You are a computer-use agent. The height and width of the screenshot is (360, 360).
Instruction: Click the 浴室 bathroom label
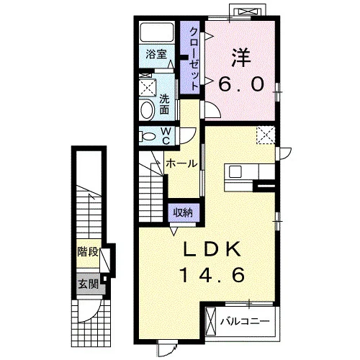156,54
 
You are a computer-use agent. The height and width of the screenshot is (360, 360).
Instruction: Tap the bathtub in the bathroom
157,32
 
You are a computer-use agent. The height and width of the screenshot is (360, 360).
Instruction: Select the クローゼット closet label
194,59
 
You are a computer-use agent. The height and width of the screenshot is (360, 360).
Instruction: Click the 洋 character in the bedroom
241,58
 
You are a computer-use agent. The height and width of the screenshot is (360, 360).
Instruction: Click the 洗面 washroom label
164,104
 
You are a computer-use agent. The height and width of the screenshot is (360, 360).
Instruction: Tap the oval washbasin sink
147,110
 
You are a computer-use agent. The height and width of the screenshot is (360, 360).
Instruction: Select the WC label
166,136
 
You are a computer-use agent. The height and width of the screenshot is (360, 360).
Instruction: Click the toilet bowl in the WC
147,137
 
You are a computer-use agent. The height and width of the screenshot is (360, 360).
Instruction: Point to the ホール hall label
181,163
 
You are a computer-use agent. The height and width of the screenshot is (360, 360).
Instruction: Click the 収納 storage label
183,212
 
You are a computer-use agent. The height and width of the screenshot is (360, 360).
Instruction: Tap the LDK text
212,249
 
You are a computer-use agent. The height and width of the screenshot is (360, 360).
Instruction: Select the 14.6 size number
212,275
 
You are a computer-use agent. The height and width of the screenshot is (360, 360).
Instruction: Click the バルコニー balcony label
245,321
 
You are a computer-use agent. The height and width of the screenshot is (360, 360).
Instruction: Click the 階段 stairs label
88,252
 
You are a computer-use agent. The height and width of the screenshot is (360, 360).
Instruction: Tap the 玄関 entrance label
89,284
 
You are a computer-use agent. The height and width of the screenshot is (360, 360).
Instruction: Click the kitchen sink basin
235,172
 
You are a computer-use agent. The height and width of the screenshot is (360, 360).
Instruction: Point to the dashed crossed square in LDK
266,135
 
